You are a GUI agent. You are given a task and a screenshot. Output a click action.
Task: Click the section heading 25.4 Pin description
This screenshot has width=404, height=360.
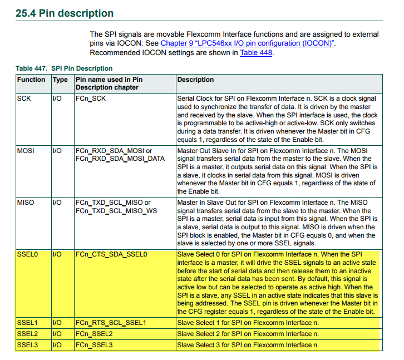tap(65, 13)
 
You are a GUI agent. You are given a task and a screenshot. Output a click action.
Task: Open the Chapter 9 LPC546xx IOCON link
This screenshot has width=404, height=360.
tap(248, 43)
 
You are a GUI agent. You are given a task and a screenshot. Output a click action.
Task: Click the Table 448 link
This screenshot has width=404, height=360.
tap(255, 53)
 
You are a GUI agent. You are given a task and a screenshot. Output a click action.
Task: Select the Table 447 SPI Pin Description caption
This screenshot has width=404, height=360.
tap(64, 68)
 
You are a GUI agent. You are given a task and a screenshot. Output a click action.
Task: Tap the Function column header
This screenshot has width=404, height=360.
tap(31, 80)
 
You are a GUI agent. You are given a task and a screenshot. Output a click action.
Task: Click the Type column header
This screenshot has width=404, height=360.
tap(60, 80)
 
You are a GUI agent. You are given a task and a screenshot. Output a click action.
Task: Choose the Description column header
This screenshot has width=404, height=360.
tap(195, 80)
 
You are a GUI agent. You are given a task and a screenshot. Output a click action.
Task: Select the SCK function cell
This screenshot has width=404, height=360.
tap(24, 98)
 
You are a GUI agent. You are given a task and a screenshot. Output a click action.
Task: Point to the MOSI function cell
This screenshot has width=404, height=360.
tap(26, 151)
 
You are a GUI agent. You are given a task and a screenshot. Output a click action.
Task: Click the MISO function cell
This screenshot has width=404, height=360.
tap(26, 203)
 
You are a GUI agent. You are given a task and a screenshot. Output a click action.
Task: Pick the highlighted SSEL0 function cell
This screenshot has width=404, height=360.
tap(27, 254)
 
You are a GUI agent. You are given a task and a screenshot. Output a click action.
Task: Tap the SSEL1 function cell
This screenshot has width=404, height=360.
tap(27, 323)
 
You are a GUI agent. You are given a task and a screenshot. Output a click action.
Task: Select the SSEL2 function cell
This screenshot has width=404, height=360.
tap(27, 334)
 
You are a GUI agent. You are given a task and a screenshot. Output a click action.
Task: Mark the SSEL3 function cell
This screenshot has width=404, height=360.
tap(27, 345)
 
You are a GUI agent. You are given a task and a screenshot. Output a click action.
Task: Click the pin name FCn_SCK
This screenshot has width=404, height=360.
tap(91, 98)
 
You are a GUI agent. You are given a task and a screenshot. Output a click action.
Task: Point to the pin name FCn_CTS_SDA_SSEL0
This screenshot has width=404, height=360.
tap(111, 254)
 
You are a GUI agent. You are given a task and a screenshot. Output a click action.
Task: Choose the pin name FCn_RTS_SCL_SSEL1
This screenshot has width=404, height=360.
tap(111, 323)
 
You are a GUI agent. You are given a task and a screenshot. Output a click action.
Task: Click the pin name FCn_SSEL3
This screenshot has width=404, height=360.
tap(94, 345)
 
